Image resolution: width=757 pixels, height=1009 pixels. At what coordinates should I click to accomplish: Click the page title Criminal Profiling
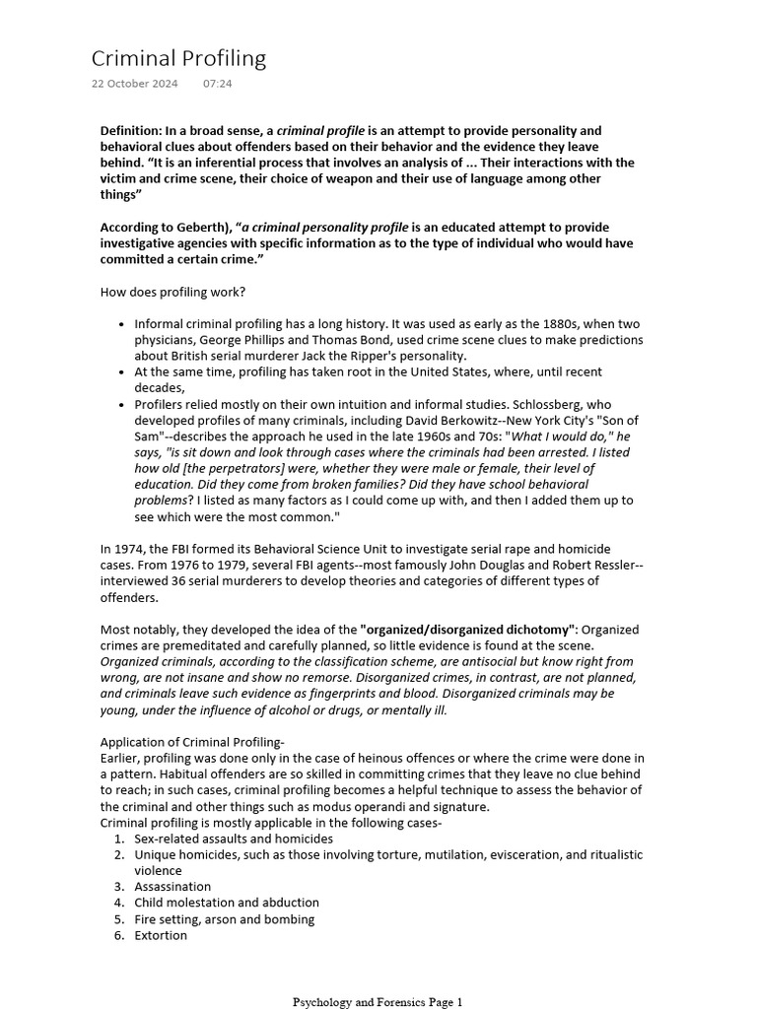178,58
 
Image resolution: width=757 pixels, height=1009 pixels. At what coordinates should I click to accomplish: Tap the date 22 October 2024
134,84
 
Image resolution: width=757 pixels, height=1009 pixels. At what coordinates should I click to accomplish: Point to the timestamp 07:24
218,84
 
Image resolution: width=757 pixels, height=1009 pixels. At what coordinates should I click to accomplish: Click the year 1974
130,549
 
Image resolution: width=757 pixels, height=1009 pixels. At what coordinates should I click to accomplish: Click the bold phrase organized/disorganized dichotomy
471,629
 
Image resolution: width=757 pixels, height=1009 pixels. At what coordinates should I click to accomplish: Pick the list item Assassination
172,887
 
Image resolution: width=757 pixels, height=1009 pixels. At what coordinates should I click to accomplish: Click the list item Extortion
161,935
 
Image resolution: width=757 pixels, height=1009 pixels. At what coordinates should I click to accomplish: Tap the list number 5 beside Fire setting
118,919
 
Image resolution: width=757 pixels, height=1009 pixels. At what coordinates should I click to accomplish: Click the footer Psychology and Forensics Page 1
378,1002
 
